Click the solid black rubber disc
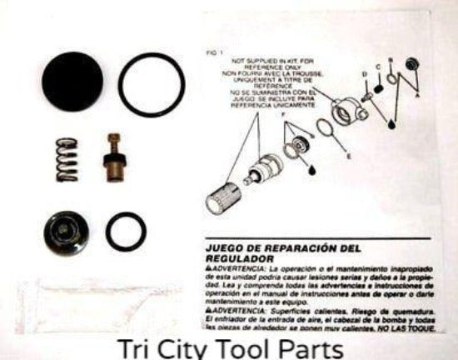click(x=72, y=82)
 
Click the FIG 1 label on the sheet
click(x=215, y=52)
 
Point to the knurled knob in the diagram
click(x=223, y=197)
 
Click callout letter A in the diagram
click(x=429, y=96)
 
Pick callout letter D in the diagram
click(x=364, y=74)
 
